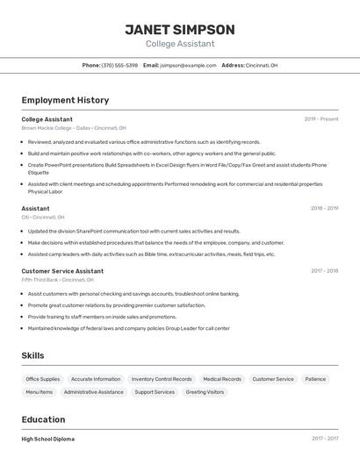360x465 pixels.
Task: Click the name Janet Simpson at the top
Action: point(180,29)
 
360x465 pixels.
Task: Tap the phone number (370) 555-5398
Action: point(119,65)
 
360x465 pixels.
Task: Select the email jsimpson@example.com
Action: point(189,65)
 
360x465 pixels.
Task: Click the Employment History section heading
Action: point(65,100)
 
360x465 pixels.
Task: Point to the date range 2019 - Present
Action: point(321,118)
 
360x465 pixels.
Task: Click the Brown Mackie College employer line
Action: point(68,127)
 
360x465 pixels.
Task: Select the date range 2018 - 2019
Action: point(324,208)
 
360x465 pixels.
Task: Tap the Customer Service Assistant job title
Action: point(62,271)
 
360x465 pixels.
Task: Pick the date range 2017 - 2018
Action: point(324,271)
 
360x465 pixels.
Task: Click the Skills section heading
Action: point(33,355)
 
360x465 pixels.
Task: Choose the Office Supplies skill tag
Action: point(43,379)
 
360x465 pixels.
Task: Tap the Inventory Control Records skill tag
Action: point(162,379)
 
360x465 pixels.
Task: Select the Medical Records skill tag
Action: point(222,379)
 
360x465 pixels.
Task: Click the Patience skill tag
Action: point(315,379)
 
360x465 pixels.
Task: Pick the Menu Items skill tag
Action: point(40,392)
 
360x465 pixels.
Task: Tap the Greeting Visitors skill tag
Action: point(205,392)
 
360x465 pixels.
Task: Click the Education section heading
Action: point(44,419)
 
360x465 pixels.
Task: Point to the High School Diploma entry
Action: point(48,439)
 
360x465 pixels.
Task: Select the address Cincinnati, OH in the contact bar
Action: point(262,65)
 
